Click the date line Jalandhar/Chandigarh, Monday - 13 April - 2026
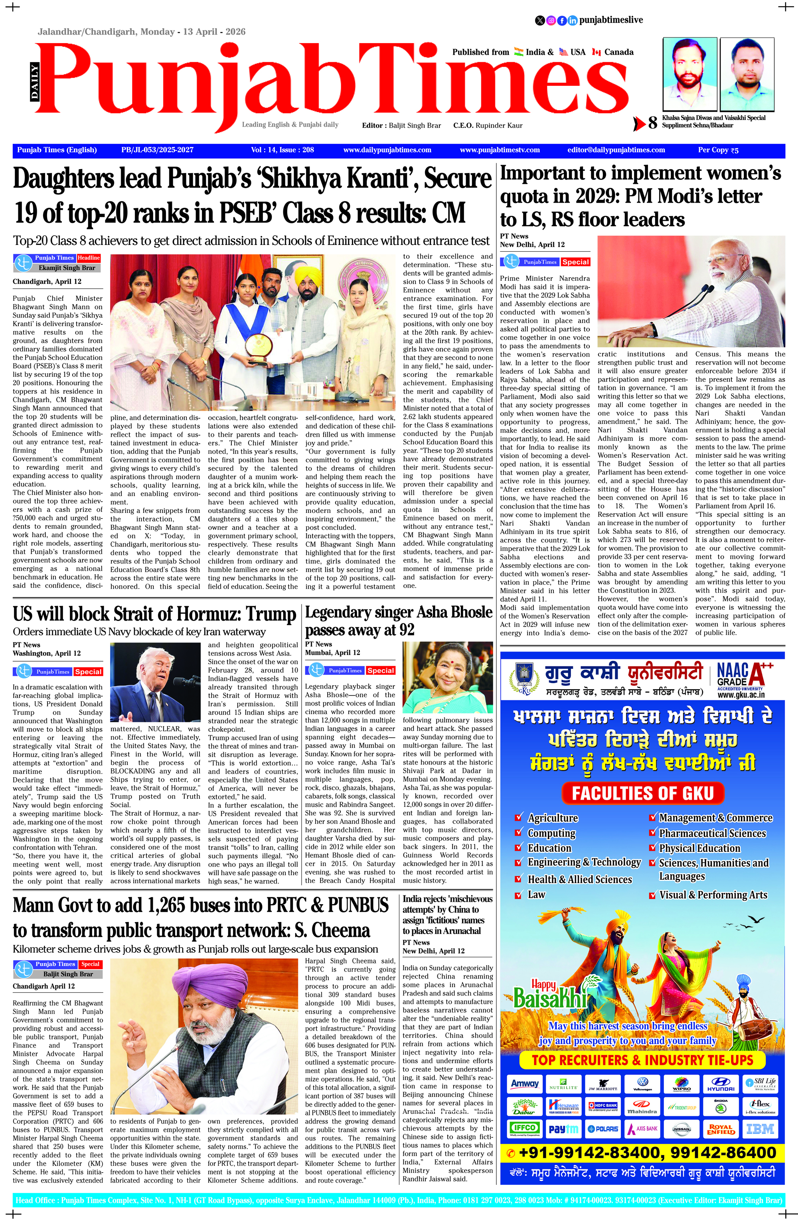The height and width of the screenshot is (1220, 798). pos(141,32)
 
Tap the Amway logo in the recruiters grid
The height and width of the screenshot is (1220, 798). pos(525,1084)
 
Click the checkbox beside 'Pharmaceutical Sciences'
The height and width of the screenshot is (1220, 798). pos(652,833)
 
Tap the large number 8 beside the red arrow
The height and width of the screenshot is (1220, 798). pos(652,124)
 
